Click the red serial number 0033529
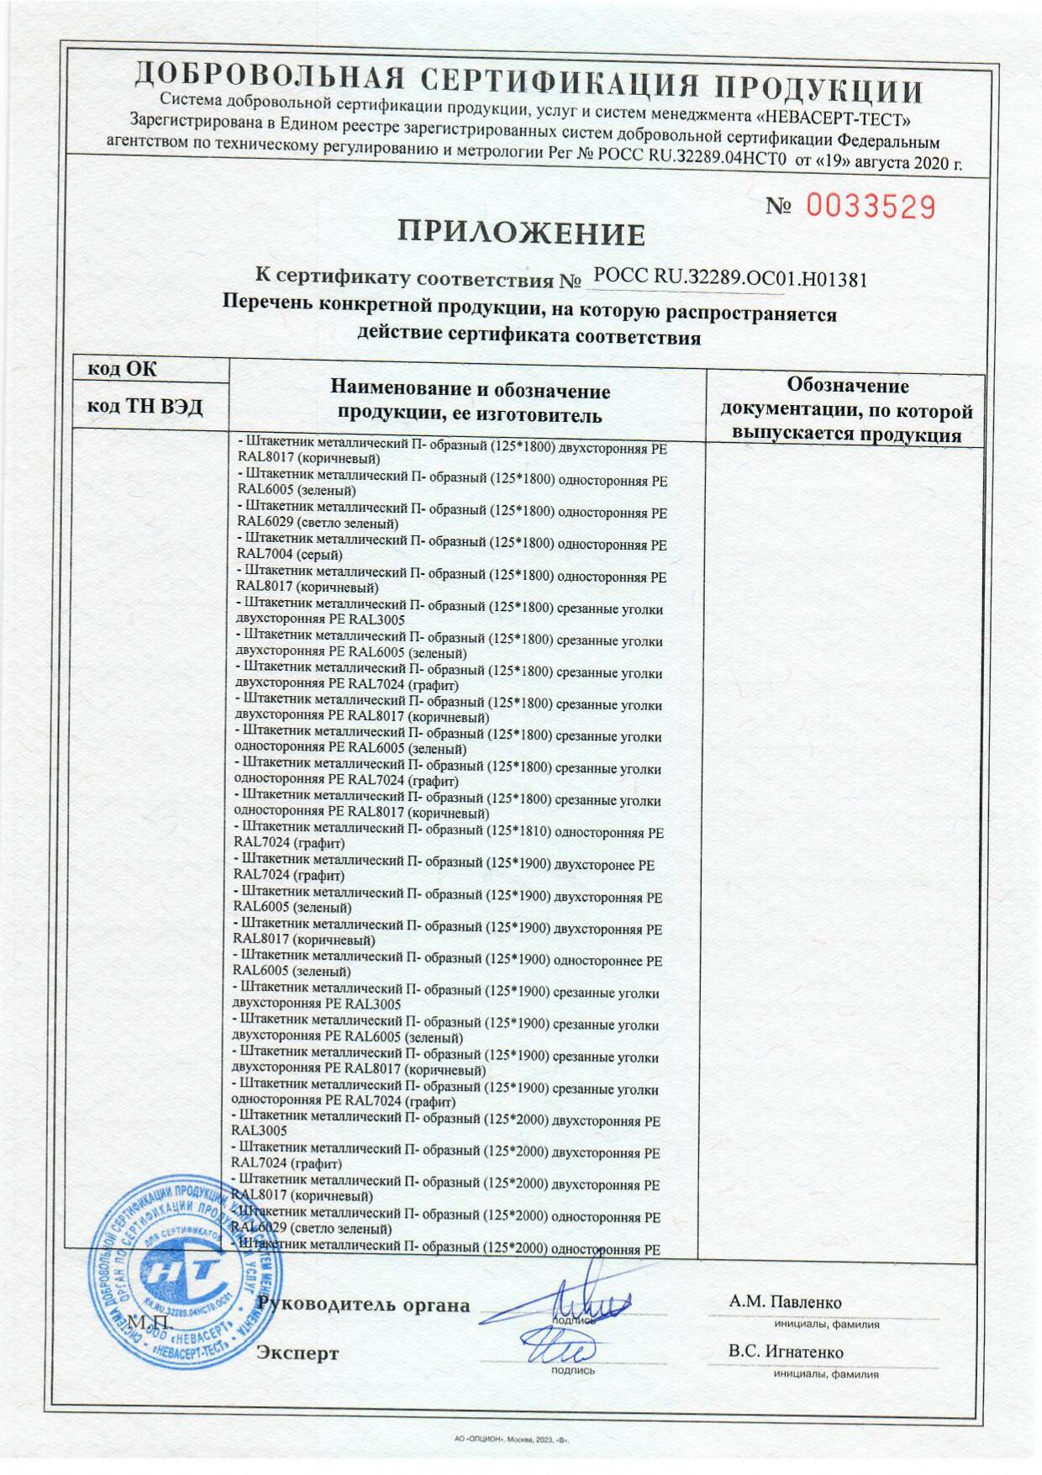871,206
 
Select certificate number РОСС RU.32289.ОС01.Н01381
729,277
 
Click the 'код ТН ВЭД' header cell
145,407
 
